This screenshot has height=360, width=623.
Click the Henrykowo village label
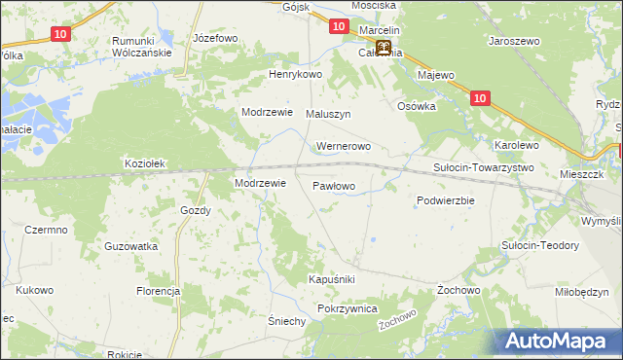pos(295,74)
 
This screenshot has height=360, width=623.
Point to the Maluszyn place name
pos(328,114)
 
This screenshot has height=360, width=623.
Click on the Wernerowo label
pos(344,147)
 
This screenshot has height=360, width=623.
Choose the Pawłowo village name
pos(334,184)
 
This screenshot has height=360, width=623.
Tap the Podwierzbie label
pos(445,200)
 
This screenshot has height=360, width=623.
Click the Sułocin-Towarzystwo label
pos(483,167)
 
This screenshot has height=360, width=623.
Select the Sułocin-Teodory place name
pos(539,245)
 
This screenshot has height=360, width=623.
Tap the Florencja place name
pos(159,291)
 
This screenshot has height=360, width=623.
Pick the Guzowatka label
pos(131,247)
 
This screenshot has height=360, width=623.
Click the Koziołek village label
pos(147,164)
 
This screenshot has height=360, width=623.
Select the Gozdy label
pos(196,210)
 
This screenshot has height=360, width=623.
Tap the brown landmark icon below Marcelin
pos(384,48)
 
